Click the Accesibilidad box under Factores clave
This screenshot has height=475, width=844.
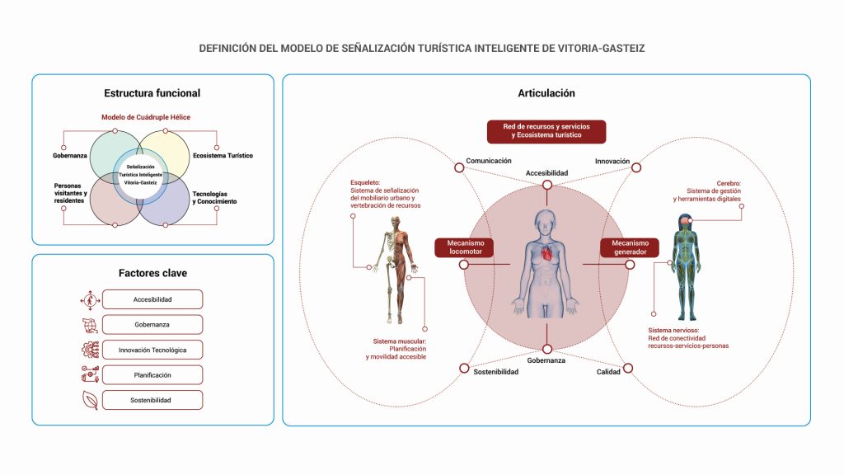[152, 299]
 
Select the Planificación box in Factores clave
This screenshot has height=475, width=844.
[152, 374]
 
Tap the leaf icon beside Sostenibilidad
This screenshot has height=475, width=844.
[89, 400]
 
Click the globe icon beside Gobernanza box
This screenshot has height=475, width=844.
[89, 324]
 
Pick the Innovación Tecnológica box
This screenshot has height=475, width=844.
[152, 350]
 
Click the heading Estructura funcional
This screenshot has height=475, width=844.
[152, 93]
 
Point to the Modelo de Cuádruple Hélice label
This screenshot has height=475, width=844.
[146, 117]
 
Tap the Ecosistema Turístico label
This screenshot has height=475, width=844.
[223, 155]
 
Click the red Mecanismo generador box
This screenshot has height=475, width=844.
[630, 247]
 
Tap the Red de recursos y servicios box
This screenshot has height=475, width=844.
[546, 130]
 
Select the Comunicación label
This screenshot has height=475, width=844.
[489, 161]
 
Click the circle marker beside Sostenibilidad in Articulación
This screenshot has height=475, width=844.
[464, 368]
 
